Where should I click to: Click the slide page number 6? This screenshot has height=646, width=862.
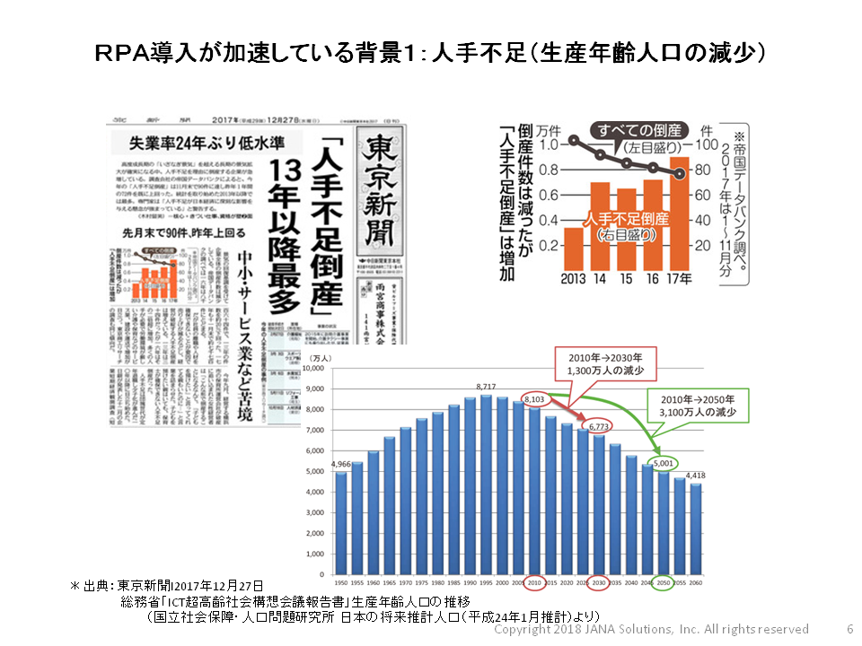(x=849, y=630)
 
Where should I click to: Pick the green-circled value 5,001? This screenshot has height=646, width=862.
(x=664, y=464)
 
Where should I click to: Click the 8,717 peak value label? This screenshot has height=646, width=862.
(x=487, y=387)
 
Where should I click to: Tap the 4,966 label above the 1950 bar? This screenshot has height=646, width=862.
(x=341, y=464)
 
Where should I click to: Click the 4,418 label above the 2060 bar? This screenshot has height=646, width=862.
(x=697, y=476)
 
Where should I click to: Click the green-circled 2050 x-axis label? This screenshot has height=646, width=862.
(x=664, y=581)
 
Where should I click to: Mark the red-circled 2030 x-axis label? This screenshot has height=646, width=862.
(x=598, y=581)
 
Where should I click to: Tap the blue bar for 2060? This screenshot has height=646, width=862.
(x=697, y=529)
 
